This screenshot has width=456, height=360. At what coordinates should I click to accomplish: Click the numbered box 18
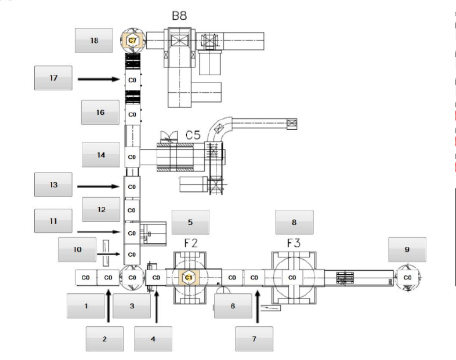[94, 41]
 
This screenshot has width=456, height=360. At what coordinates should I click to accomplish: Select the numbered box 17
[53, 78]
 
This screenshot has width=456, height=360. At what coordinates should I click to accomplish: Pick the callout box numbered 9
[407, 250]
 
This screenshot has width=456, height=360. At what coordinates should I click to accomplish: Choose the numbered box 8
[295, 221]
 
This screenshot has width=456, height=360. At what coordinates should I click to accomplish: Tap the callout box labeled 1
[86, 306]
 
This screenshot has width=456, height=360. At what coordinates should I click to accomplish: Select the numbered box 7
[254, 338]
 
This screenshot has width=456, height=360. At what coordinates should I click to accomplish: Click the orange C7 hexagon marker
[132, 40]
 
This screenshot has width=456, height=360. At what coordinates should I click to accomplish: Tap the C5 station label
[193, 136]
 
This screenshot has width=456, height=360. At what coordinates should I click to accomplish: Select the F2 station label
[191, 243]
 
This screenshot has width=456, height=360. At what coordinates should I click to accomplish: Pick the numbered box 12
[101, 209]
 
